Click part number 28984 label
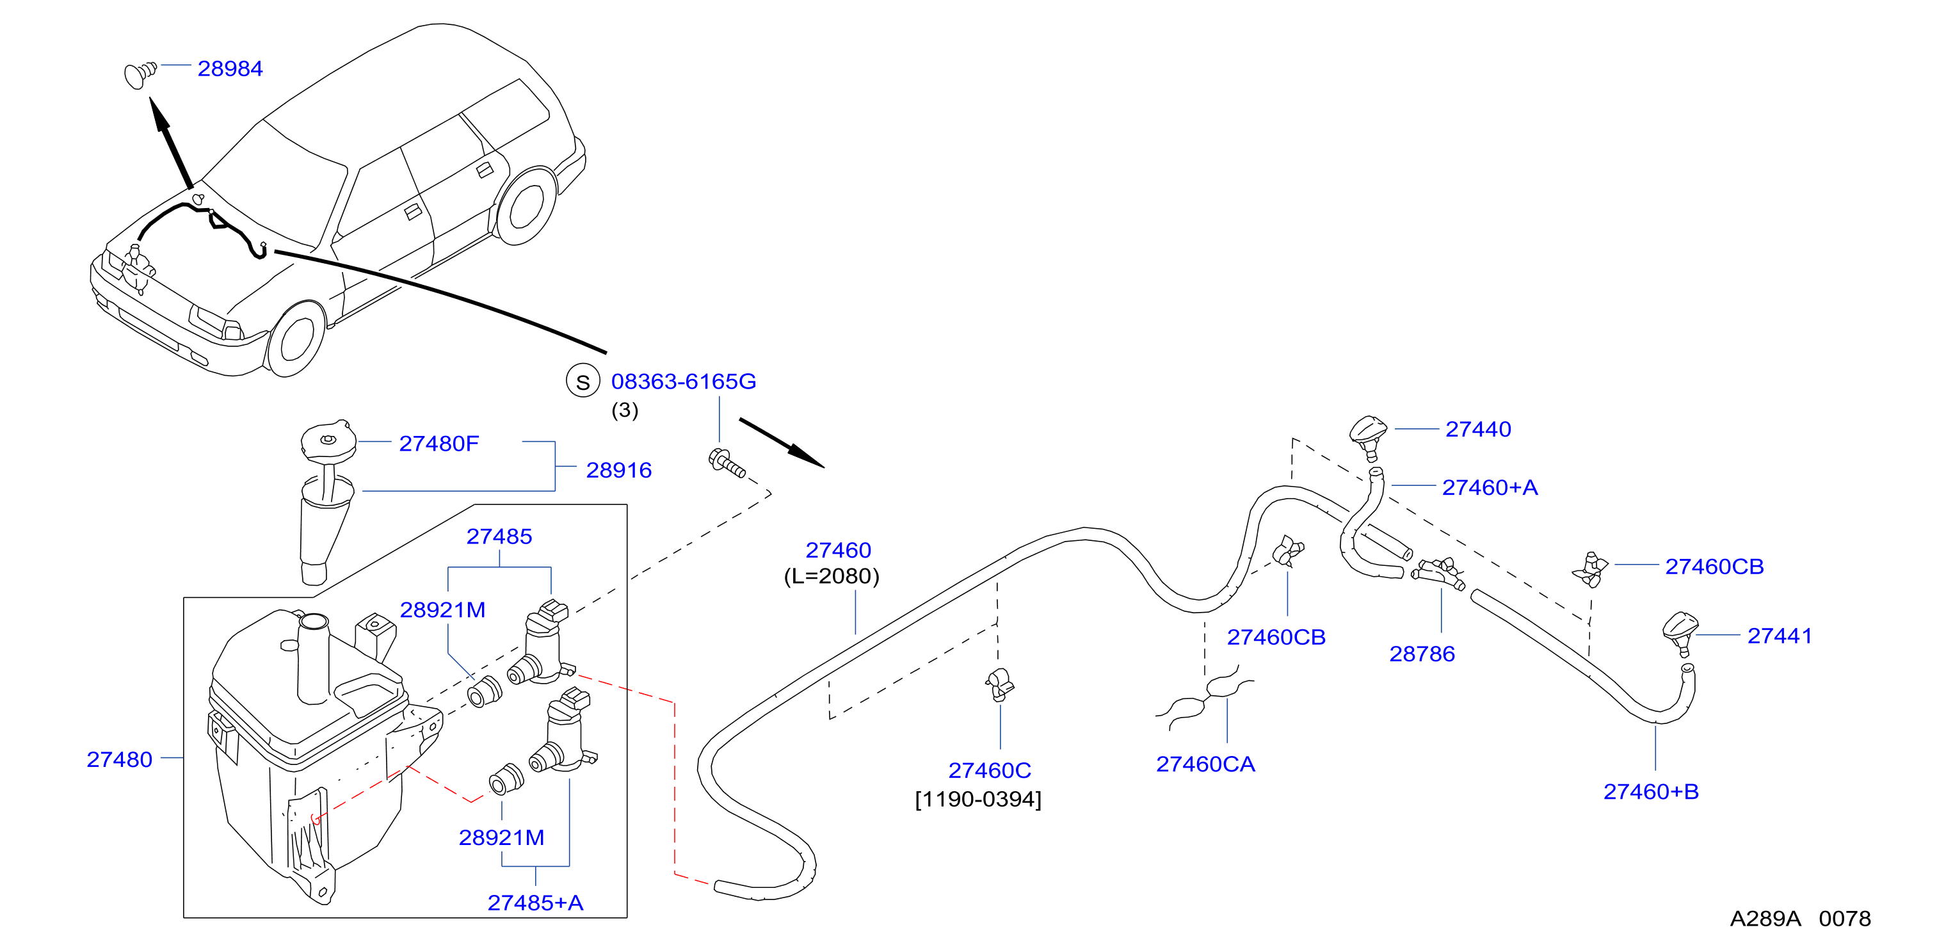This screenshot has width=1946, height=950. (x=230, y=68)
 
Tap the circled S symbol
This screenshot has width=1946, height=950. (x=583, y=382)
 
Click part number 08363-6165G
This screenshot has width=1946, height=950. (x=683, y=382)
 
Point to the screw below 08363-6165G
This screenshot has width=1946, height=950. (x=727, y=463)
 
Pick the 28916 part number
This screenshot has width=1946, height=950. (x=619, y=470)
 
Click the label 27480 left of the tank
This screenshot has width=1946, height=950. (x=119, y=759)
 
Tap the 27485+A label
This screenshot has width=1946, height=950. (x=535, y=903)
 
